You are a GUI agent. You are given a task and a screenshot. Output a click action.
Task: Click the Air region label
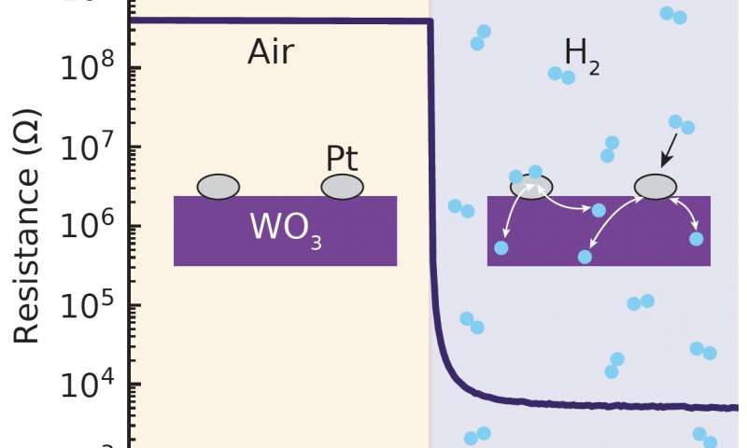tap(271, 52)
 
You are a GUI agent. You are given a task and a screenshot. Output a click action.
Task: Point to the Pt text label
tap(342, 159)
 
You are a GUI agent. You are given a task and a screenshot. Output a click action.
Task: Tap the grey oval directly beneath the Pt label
tap(342, 187)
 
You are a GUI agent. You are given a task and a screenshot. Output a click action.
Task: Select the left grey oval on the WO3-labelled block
tap(218, 187)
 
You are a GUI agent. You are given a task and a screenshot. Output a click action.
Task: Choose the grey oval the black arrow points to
tap(655, 187)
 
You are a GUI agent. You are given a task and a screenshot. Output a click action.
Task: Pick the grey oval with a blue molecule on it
tap(531, 186)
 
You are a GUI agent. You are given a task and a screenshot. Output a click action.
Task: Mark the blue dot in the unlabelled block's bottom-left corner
tap(501, 247)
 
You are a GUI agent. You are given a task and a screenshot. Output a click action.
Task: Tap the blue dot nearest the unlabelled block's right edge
tap(696, 239)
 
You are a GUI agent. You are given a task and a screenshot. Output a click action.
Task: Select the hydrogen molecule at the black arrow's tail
tap(681, 124)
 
